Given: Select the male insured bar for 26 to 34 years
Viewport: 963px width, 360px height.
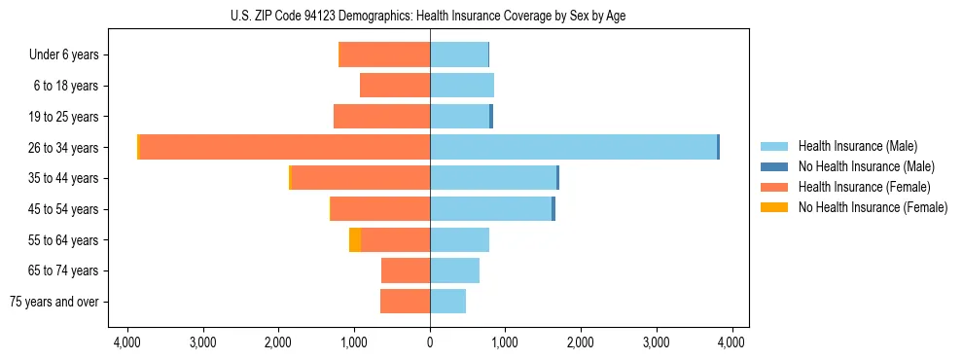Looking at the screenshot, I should coord(573,147).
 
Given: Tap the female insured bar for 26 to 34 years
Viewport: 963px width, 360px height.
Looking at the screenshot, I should coord(285,147).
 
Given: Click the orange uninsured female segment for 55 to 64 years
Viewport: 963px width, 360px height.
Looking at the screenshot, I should coord(355,239).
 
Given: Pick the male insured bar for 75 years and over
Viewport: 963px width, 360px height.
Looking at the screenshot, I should coord(447,302).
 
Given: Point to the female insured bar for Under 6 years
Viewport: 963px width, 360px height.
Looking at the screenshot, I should coord(384,54).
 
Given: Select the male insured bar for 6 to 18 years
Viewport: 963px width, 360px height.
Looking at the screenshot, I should coord(462,86).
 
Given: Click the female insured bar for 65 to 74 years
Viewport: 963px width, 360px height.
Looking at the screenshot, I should coord(406,270).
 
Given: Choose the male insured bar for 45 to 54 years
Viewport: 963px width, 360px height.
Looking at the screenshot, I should coord(490,209).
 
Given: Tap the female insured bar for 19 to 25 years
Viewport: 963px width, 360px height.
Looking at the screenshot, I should coord(381,117).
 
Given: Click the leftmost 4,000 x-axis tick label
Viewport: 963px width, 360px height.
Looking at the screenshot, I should coord(128,342).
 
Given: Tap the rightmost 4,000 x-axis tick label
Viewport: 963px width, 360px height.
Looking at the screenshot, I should coord(731,342).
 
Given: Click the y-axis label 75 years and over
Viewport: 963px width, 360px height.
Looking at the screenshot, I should coord(54,302).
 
